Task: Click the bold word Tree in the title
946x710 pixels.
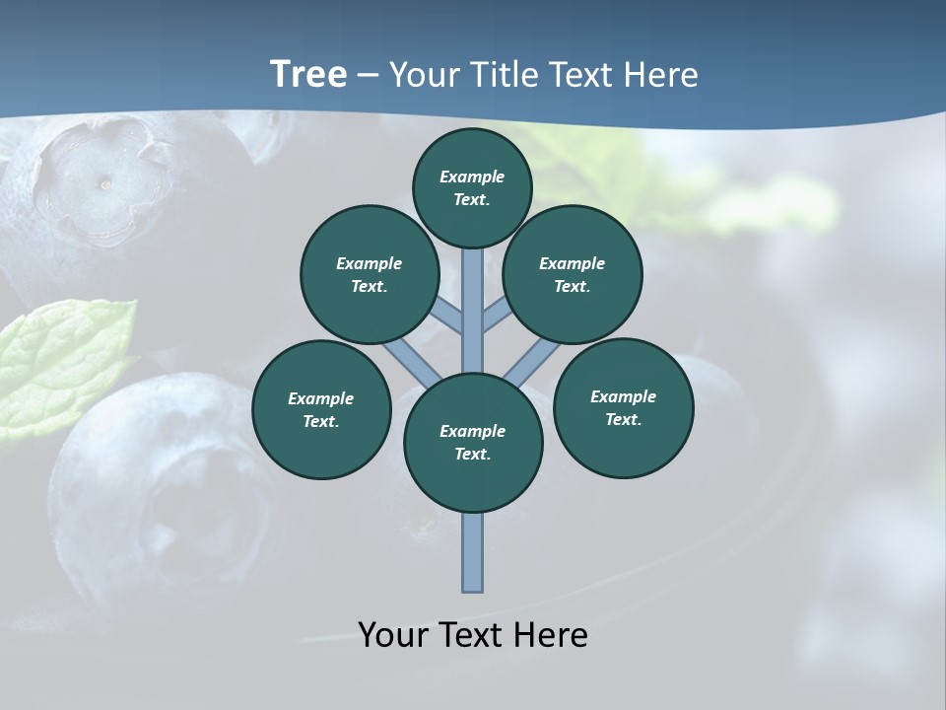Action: pos(307,75)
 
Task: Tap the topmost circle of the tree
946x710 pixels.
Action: pos(472,187)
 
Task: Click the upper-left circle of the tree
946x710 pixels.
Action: pos(369,274)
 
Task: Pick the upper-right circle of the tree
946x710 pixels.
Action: pos(573,274)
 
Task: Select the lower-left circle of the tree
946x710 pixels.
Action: pos(321,409)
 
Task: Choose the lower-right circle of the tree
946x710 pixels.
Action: pos(623,407)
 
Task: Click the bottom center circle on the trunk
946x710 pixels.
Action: pos(473,443)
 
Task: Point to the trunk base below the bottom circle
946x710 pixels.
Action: pos(473,552)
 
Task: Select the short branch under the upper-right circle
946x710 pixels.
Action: pos(497,317)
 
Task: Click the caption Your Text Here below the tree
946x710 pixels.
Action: pos(473,635)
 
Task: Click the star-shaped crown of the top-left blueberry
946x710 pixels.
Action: pos(99,177)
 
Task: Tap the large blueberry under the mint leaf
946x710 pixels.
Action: pos(158,493)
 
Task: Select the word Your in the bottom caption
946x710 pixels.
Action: pos(392,635)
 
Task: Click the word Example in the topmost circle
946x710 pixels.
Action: pos(472,177)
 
